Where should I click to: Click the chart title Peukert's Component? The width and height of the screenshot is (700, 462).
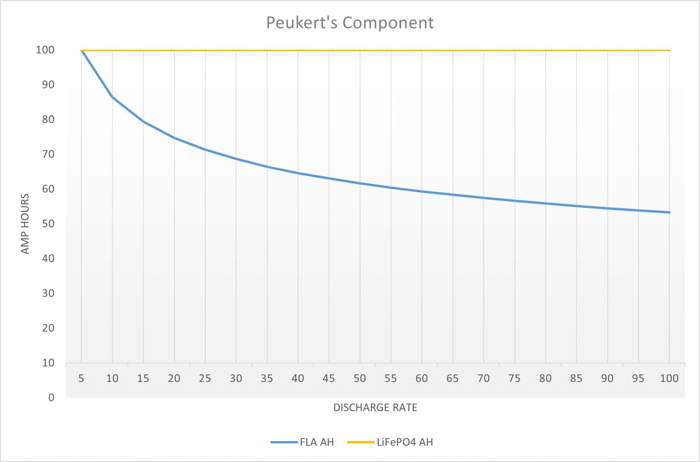point(350,23)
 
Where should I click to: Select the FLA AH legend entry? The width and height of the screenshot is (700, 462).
point(316,442)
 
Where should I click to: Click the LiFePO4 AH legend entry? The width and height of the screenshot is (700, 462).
point(404,442)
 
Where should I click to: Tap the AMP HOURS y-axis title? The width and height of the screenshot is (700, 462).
point(25,224)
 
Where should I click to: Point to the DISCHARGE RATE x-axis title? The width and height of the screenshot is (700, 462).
point(375,407)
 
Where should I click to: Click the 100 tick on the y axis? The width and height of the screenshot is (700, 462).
point(45,50)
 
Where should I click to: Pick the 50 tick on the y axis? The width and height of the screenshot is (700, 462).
point(48,224)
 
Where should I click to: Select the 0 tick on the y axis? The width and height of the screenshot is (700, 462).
point(51,397)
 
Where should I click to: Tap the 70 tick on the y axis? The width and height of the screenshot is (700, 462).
point(48,154)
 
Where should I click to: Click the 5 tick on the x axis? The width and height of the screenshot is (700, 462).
point(81,378)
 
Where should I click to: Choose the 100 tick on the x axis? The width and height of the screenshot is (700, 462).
point(669,378)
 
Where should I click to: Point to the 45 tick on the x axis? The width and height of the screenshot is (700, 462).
point(329,378)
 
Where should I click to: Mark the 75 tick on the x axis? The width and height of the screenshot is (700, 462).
point(515,378)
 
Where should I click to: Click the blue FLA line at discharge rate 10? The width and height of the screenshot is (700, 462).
point(112,97)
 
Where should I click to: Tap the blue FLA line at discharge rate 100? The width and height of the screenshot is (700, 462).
point(669,212)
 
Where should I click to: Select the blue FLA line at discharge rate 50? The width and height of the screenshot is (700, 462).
point(360,183)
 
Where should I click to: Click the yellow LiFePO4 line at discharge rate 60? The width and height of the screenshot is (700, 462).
point(422,50)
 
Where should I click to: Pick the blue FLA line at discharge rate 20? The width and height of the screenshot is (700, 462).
point(174,138)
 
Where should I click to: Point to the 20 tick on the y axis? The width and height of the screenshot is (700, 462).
point(48,328)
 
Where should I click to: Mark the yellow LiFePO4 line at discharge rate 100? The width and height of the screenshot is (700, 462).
point(669,50)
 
